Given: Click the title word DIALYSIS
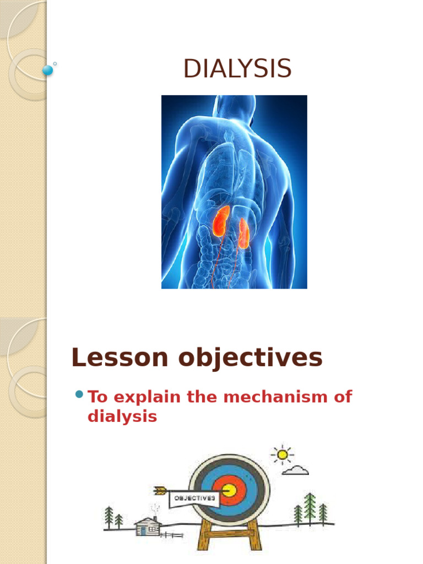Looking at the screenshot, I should (x=237, y=69).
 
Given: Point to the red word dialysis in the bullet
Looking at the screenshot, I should (x=122, y=416).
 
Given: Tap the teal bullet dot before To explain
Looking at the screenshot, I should (x=78, y=394).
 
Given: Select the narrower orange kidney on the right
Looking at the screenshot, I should (x=243, y=231).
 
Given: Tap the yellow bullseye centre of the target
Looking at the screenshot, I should (x=229, y=490).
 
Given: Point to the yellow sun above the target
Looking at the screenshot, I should (x=283, y=454).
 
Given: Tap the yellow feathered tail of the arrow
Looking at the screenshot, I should (x=160, y=490).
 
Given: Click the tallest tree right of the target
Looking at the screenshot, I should (x=310, y=508).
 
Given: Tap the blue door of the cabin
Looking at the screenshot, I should (x=142, y=531).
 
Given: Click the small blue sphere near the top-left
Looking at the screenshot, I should (x=48, y=70).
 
